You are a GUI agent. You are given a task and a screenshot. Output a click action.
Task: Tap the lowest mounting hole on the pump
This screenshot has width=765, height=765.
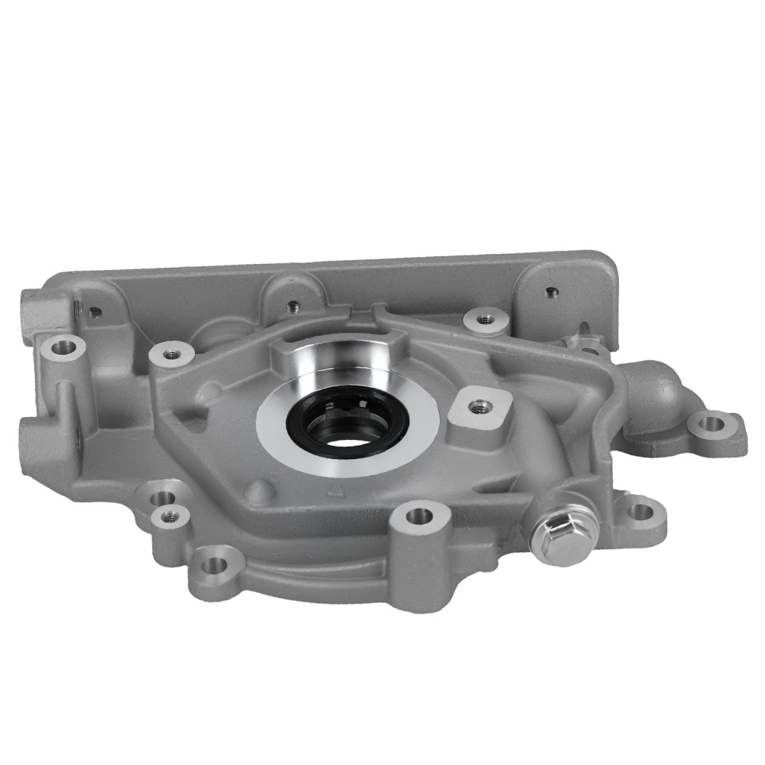click(x=216, y=565)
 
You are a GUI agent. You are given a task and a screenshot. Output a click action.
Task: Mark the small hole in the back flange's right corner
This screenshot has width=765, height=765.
click(x=549, y=291)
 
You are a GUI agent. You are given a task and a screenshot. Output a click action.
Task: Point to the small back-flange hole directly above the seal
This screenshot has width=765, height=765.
click(x=291, y=307)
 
